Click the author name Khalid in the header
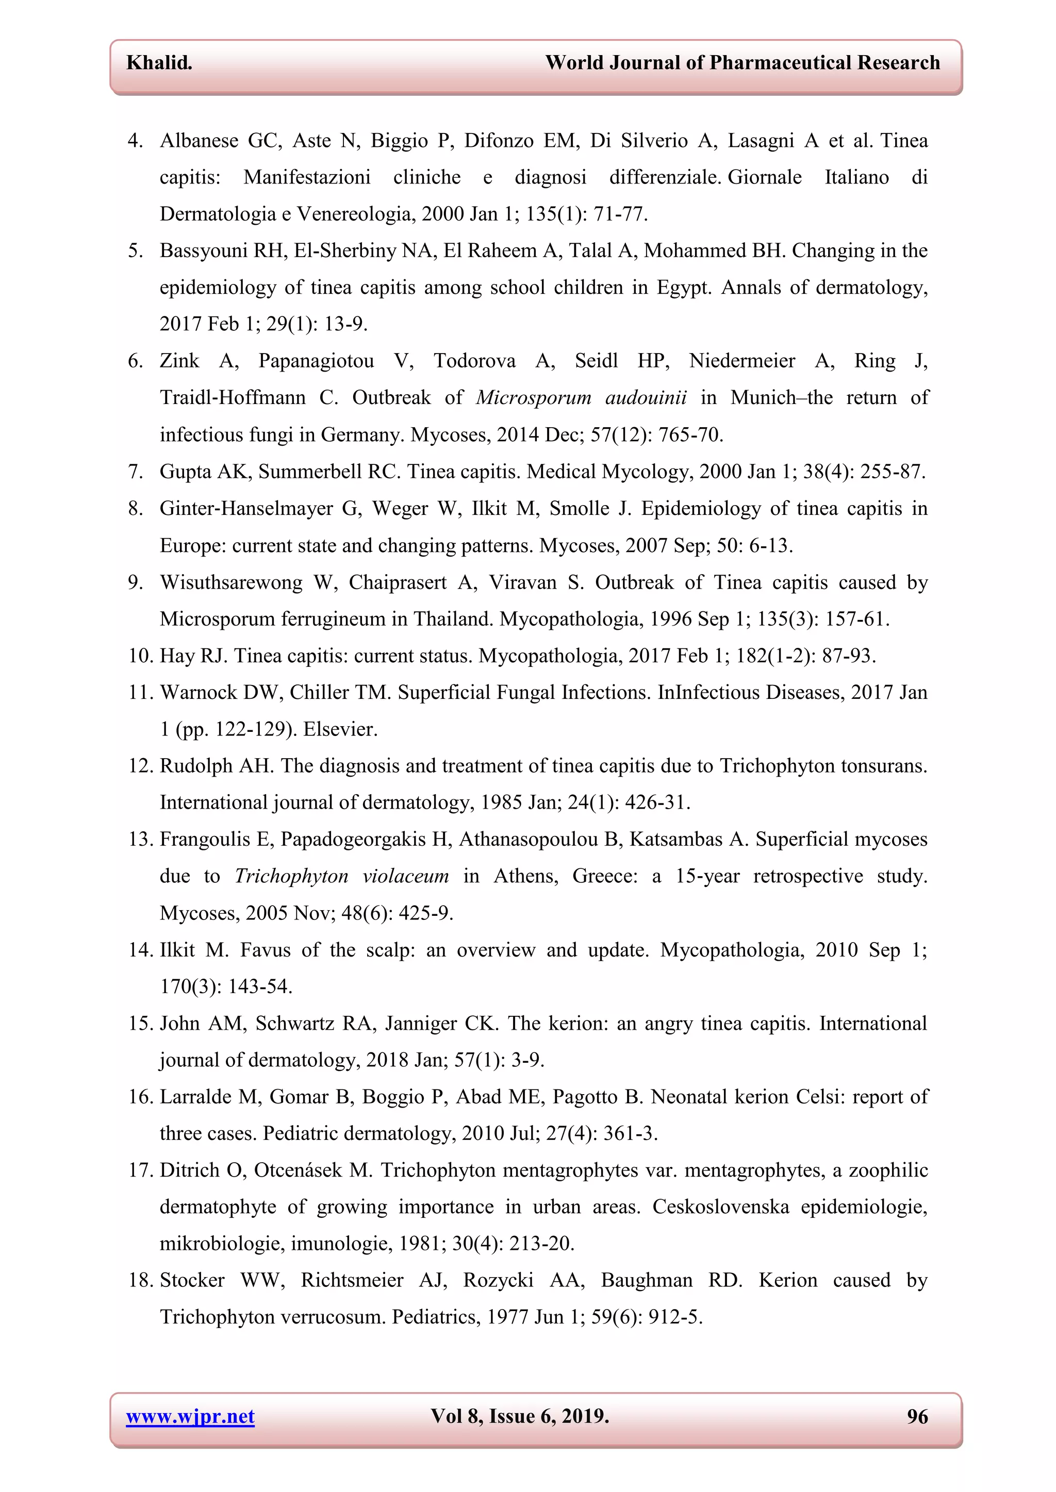coord(159,62)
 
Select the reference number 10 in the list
coord(140,656)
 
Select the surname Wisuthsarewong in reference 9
coord(232,582)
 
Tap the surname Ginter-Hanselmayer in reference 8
coord(246,508)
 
